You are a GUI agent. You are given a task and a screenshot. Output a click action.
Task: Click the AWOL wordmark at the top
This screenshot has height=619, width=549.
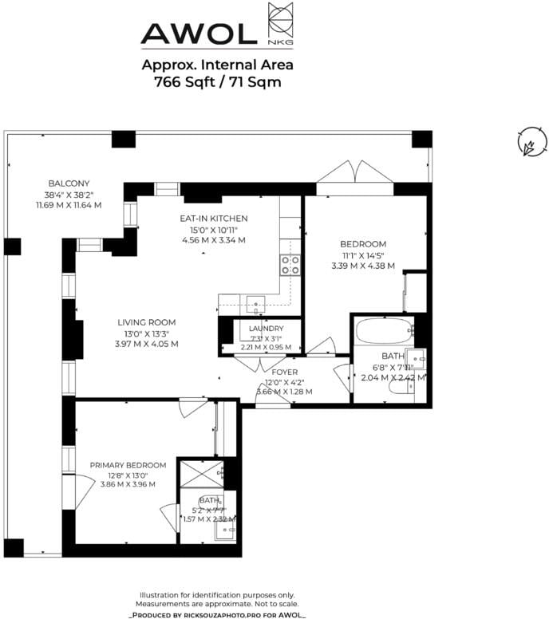(x=199, y=33)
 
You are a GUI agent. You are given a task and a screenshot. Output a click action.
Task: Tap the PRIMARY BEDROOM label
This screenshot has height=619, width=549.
(x=128, y=465)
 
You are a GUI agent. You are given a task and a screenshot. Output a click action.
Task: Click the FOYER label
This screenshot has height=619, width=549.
(x=284, y=372)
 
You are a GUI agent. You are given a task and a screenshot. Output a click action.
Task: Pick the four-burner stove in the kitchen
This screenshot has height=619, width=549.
(x=290, y=264)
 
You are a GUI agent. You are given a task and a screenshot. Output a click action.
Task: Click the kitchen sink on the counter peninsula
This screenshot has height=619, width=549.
(x=255, y=302)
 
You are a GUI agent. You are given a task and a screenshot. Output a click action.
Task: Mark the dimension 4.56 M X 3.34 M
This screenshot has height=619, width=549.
(x=214, y=239)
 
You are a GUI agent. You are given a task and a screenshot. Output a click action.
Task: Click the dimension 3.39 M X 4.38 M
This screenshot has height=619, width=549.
(x=363, y=265)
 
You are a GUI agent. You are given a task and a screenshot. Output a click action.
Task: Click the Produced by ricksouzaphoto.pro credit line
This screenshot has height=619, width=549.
(x=217, y=615)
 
